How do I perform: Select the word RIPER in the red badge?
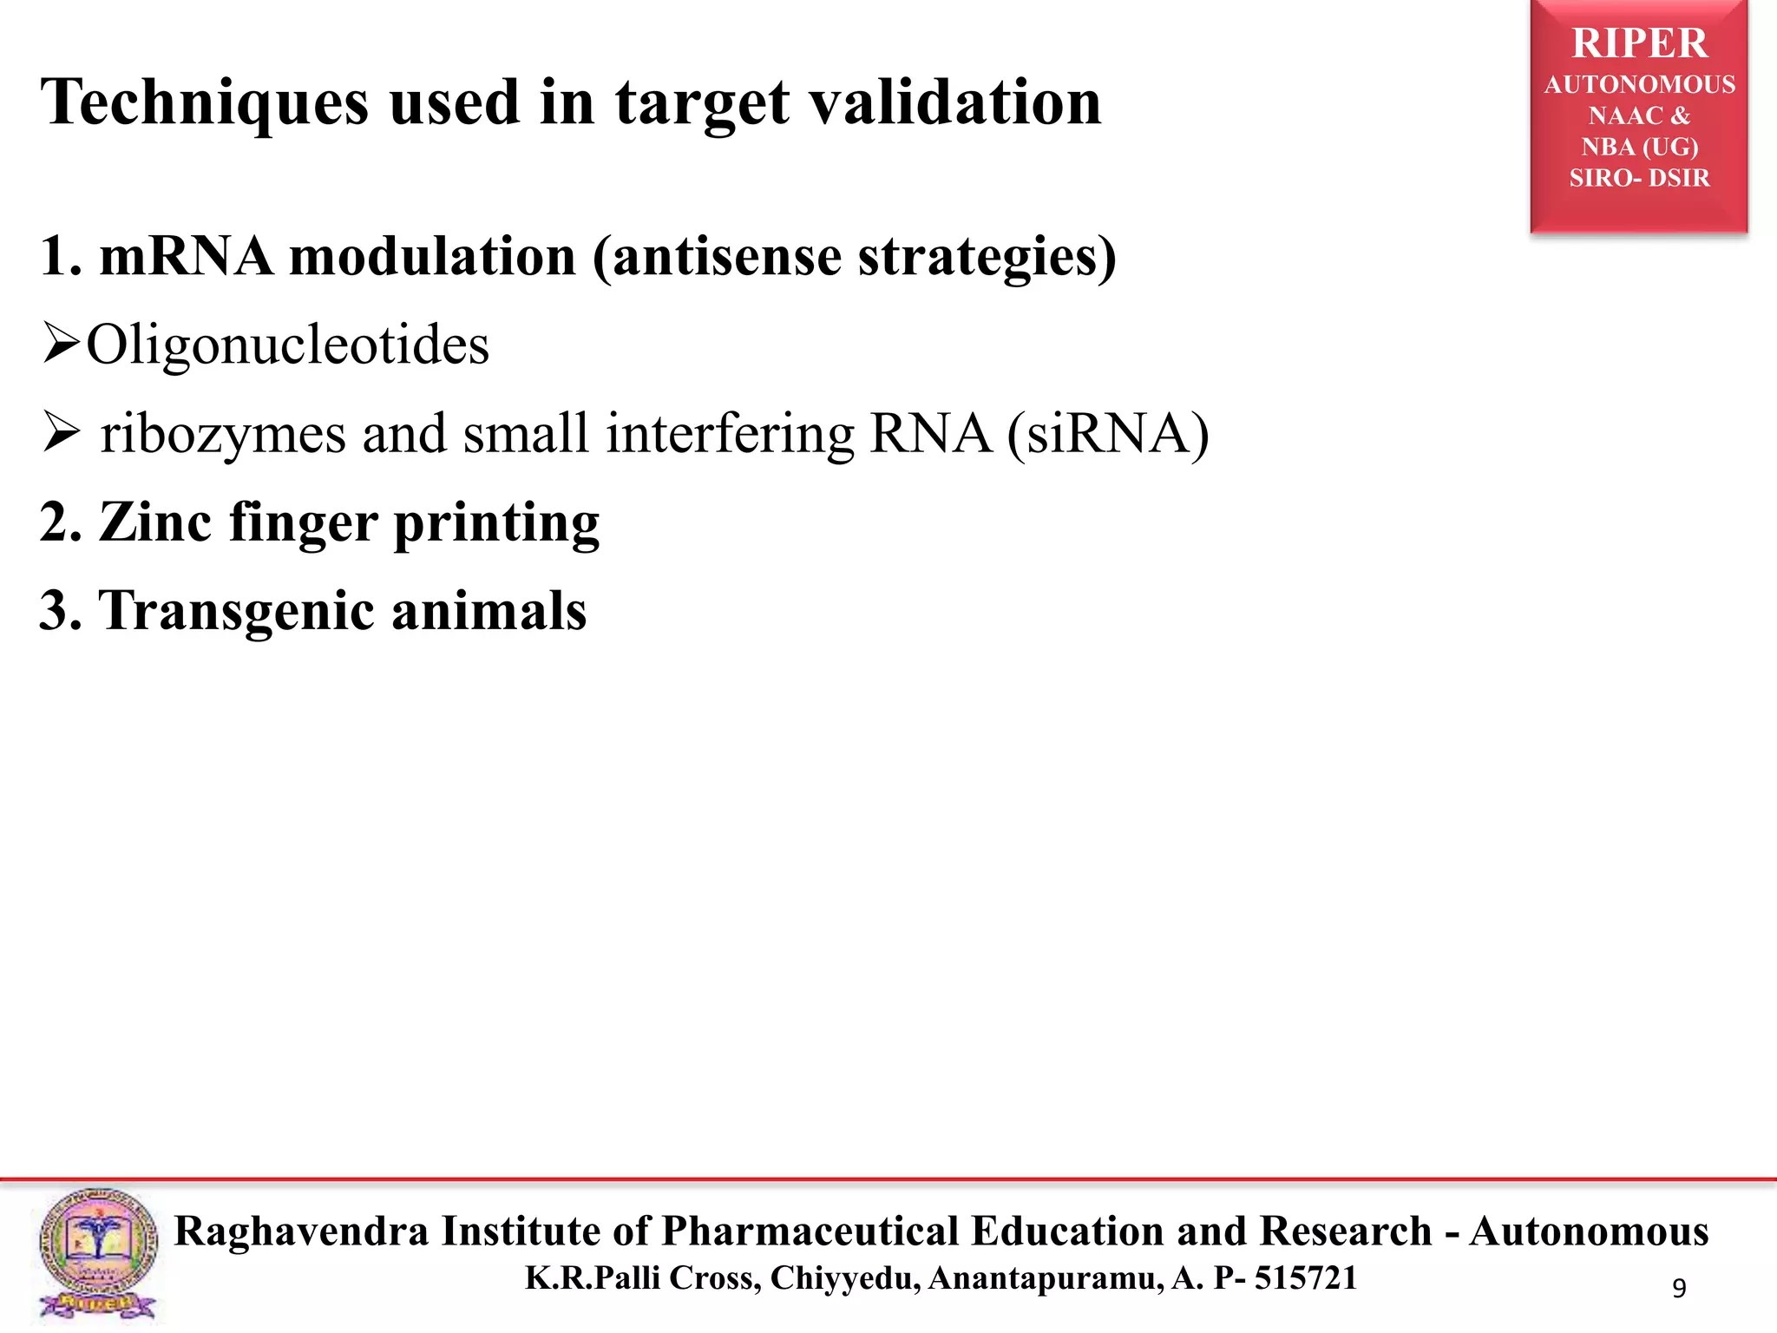pos(1639,43)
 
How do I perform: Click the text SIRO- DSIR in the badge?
pos(1639,178)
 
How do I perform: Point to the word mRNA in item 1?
pos(186,257)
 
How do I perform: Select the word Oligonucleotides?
pos(287,345)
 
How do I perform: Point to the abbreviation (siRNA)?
pos(1108,434)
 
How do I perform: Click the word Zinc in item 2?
pos(155,522)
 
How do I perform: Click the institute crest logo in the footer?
pos(98,1253)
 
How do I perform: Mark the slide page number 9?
pos(1679,1289)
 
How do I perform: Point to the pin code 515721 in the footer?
pos(1305,1278)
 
